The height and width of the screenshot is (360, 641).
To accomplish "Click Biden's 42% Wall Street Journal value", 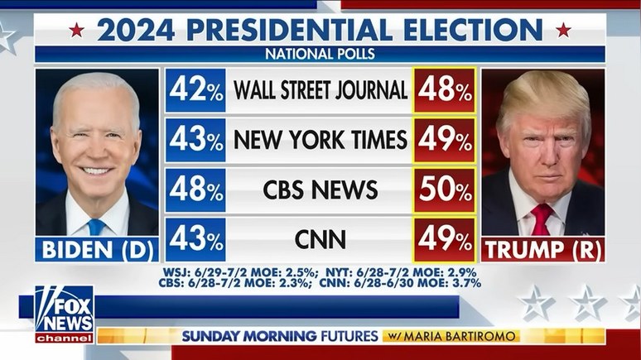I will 195,90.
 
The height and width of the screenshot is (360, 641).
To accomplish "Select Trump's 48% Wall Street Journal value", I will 445,90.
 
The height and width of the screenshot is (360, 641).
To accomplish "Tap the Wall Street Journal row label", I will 320,90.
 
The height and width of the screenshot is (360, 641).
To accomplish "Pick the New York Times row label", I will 320,140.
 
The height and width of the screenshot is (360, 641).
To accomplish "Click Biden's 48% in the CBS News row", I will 195,190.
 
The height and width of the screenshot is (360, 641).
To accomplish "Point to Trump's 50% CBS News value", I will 445,190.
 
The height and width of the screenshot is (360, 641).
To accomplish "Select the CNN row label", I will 320,240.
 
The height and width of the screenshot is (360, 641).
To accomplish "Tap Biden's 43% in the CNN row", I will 195,240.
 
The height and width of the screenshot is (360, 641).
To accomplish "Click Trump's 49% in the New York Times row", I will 445,140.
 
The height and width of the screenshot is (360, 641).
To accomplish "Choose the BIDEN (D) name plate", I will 97,249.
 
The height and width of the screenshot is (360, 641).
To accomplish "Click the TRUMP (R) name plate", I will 543,249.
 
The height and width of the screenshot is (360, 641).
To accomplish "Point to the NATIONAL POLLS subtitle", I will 320,55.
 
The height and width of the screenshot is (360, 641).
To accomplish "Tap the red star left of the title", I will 77,30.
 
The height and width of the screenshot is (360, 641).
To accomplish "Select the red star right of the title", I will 563,30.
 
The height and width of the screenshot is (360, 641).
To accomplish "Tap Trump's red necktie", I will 542,220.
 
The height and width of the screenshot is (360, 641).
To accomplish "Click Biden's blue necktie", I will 97,225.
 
